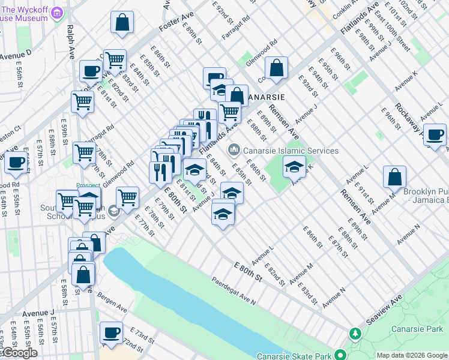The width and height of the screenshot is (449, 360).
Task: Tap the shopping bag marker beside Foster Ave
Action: pos(122,23)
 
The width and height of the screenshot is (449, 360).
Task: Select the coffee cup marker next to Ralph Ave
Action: pos(91,71)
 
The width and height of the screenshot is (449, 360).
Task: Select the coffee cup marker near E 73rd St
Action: pos(111,333)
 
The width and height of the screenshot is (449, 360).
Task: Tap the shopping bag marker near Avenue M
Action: pos(395,177)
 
